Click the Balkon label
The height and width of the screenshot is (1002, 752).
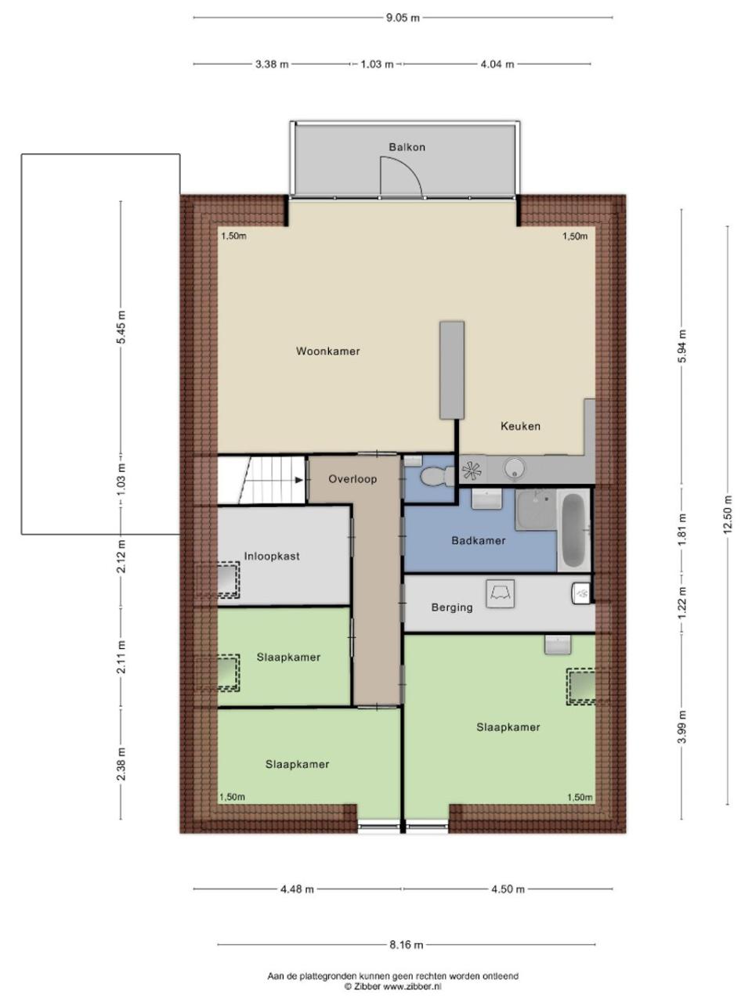pyautogui.click(x=407, y=147)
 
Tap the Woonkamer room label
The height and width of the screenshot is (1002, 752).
pyautogui.click(x=328, y=351)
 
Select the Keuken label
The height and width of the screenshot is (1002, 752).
pyautogui.click(x=520, y=426)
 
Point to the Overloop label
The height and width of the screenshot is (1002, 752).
pyautogui.click(x=352, y=479)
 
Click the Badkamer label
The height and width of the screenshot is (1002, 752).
pyautogui.click(x=479, y=540)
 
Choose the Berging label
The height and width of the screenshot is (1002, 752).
pyautogui.click(x=452, y=607)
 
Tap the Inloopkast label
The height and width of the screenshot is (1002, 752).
pyautogui.click(x=272, y=556)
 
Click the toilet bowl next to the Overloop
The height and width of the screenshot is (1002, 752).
pyautogui.click(x=433, y=477)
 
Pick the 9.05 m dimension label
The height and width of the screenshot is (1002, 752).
pyautogui.click(x=403, y=18)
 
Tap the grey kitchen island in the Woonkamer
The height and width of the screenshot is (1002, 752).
pyautogui.click(x=452, y=369)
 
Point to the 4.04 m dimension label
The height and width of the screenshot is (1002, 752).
pyautogui.click(x=497, y=64)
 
